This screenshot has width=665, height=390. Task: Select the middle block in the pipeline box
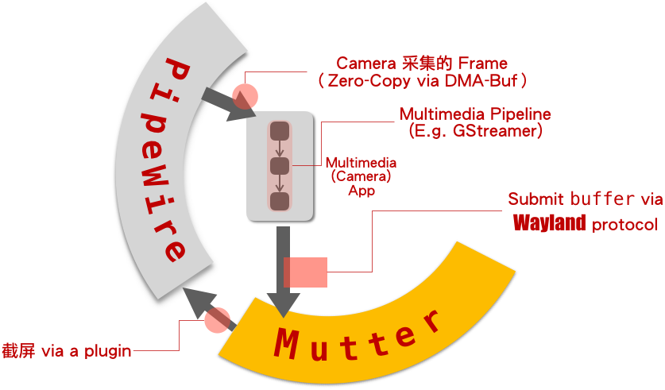pyautogui.click(x=280, y=166)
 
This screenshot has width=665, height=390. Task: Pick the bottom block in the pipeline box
pyautogui.click(x=280, y=201)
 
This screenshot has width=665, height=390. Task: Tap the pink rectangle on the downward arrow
pyautogui.click(x=305, y=272)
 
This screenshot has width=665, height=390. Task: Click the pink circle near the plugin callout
pyautogui.click(x=216, y=321)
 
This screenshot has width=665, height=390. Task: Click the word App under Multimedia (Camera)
pyautogui.click(x=361, y=191)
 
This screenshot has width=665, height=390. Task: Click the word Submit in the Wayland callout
pyautogui.click(x=536, y=199)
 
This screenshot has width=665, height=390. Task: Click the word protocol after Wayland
pyautogui.click(x=624, y=223)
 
